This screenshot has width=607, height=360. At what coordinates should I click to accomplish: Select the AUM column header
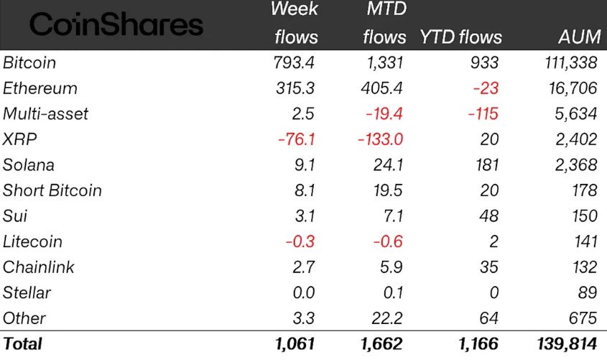578,37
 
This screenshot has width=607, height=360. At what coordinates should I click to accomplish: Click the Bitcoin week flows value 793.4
295,63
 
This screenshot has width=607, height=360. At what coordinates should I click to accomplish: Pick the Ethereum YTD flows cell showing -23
485,88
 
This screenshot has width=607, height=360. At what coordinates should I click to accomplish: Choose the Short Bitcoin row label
52,190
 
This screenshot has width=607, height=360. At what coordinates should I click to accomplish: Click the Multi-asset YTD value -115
481,114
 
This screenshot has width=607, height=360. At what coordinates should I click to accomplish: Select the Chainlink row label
39,267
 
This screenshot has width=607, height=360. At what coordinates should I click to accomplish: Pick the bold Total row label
23,344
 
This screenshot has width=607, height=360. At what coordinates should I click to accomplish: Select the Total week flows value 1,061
295,344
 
